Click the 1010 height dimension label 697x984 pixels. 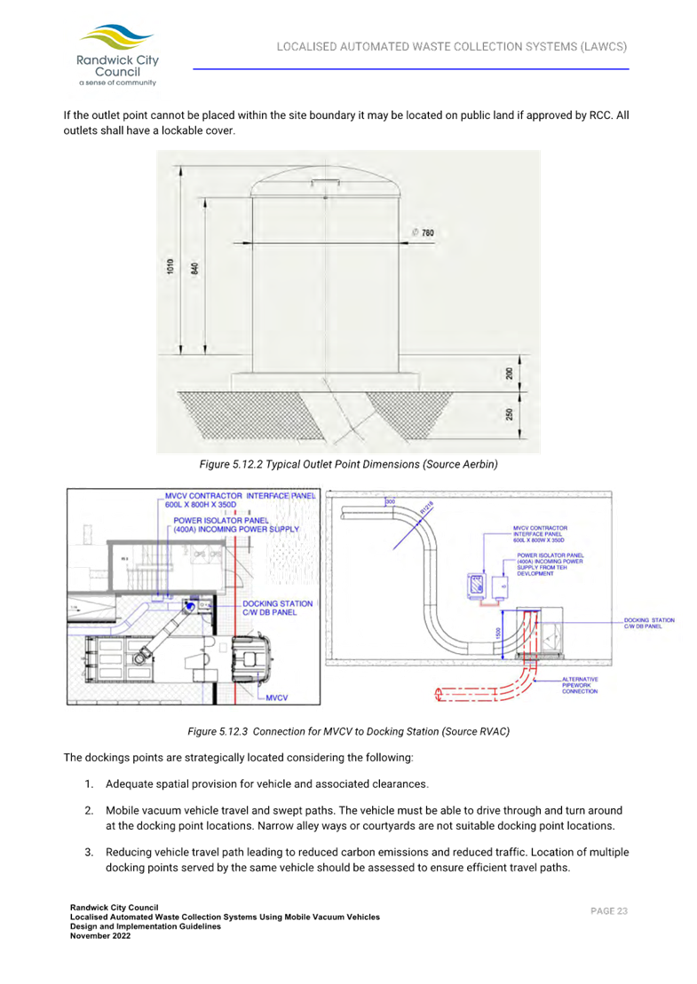(170, 267)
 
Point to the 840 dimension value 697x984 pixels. (194, 268)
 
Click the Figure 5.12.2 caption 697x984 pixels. (348, 464)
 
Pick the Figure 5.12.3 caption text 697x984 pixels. (348, 731)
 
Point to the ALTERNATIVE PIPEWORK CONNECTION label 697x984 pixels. (580, 685)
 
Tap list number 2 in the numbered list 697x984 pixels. (90, 811)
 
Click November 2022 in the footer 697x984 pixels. (100, 935)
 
